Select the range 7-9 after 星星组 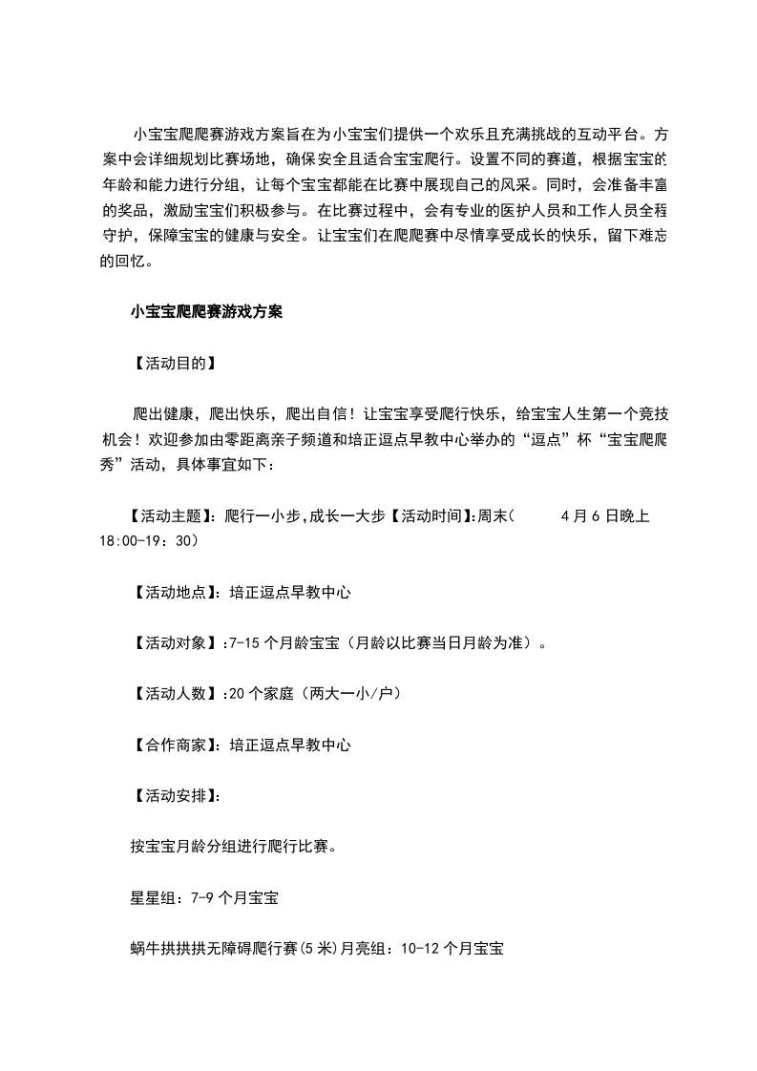(x=203, y=897)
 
